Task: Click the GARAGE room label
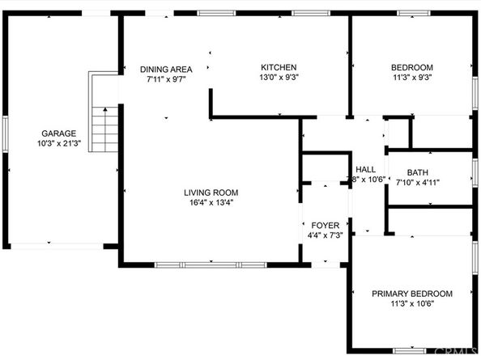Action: coord(59,133)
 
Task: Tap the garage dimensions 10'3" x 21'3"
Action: coord(59,144)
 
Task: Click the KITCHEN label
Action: coord(278,67)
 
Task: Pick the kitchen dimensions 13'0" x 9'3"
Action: coord(278,78)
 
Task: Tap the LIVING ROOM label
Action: coord(211,193)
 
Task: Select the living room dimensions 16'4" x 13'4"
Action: coord(211,203)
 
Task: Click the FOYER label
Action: coord(325,225)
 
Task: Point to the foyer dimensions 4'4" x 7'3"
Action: coord(325,235)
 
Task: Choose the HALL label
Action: coord(366,168)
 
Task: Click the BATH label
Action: coord(418,172)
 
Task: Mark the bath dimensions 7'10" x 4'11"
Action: coord(418,184)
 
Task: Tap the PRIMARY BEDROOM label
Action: coord(411,294)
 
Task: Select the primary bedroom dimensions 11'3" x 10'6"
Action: coord(411,305)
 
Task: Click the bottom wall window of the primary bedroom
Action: coord(409,350)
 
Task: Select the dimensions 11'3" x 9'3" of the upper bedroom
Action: coord(411,78)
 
